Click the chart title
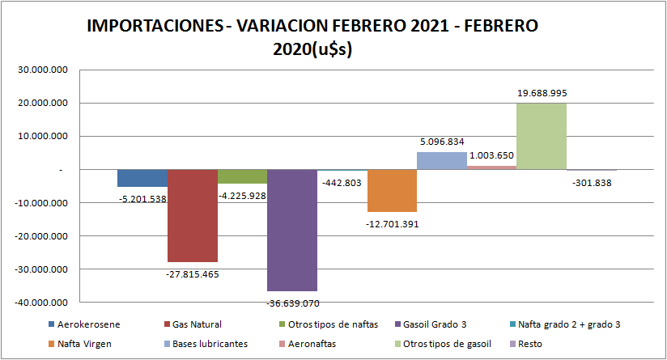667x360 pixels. click(312, 36)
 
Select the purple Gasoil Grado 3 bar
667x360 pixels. click(291, 231)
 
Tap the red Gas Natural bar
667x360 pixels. click(193, 216)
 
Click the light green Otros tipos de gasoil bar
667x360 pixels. click(541, 137)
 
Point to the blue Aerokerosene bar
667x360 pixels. click(142, 179)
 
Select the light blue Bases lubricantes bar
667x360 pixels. click(442, 161)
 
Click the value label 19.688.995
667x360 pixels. click(542, 93)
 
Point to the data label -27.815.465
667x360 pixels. click(192, 274)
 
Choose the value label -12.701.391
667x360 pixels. click(393, 224)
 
